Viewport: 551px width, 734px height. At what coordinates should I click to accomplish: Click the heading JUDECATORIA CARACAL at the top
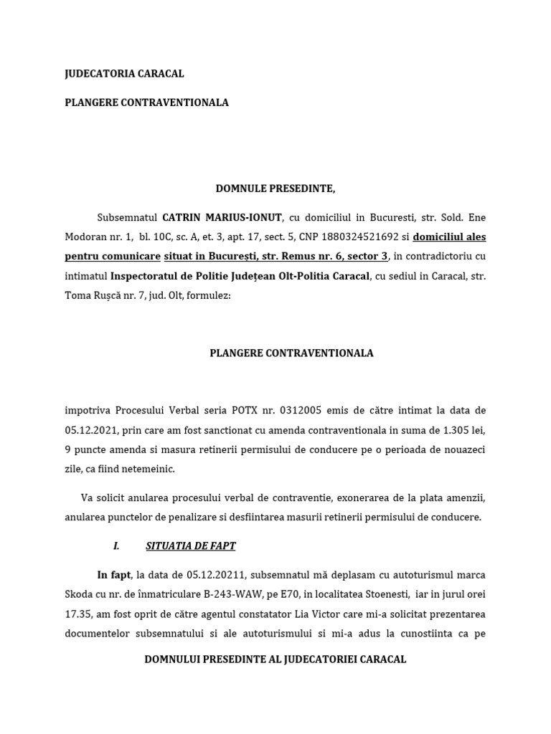point(124,74)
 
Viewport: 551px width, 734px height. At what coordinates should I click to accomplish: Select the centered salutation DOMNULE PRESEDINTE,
point(275,189)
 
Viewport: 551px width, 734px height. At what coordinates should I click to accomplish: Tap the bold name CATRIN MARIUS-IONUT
point(222,217)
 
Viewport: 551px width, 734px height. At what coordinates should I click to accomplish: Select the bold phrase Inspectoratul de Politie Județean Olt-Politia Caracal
point(240,276)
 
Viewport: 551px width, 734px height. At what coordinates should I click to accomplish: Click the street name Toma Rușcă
point(91,295)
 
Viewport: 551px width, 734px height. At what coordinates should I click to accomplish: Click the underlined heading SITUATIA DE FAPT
point(190,545)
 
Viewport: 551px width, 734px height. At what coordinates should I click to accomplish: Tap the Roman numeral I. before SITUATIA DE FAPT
point(116,545)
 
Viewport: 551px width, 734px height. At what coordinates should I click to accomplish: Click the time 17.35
point(78,614)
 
